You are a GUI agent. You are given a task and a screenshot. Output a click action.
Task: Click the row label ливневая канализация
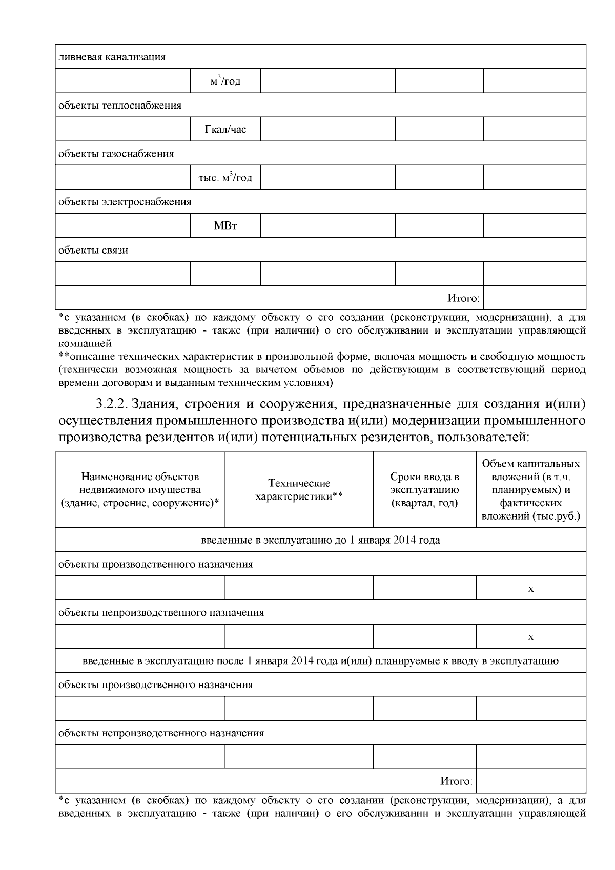[x=112, y=57]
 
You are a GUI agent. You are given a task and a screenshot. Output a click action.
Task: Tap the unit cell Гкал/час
[x=225, y=129]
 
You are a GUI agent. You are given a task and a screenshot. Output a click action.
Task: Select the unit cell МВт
[x=225, y=225]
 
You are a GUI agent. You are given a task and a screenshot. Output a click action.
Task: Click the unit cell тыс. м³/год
[x=225, y=178]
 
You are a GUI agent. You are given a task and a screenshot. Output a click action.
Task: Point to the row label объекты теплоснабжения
[x=119, y=106]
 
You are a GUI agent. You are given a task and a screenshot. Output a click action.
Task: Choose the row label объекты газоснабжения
[x=116, y=154]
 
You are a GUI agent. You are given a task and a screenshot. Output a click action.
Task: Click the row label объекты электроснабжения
[x=125, y=202]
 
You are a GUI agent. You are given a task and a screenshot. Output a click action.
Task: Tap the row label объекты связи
[x=93, y=250]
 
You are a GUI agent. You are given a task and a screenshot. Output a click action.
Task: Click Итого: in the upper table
[x=463, y=298]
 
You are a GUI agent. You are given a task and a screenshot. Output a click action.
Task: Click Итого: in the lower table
[x=456, y=781]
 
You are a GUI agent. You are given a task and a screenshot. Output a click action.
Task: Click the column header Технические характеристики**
[x=299, y=489]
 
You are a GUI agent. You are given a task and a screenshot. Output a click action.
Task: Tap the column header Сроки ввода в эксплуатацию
[x=424, y=489]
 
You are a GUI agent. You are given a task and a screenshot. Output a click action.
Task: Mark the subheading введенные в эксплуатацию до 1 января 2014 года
[x=320, y=540]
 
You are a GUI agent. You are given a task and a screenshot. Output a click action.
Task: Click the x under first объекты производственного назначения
[x=530, y=589]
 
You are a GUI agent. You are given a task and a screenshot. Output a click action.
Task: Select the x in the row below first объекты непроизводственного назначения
[x=530, y=637]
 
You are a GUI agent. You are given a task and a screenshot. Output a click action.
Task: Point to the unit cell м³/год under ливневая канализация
[x=225, y=81]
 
